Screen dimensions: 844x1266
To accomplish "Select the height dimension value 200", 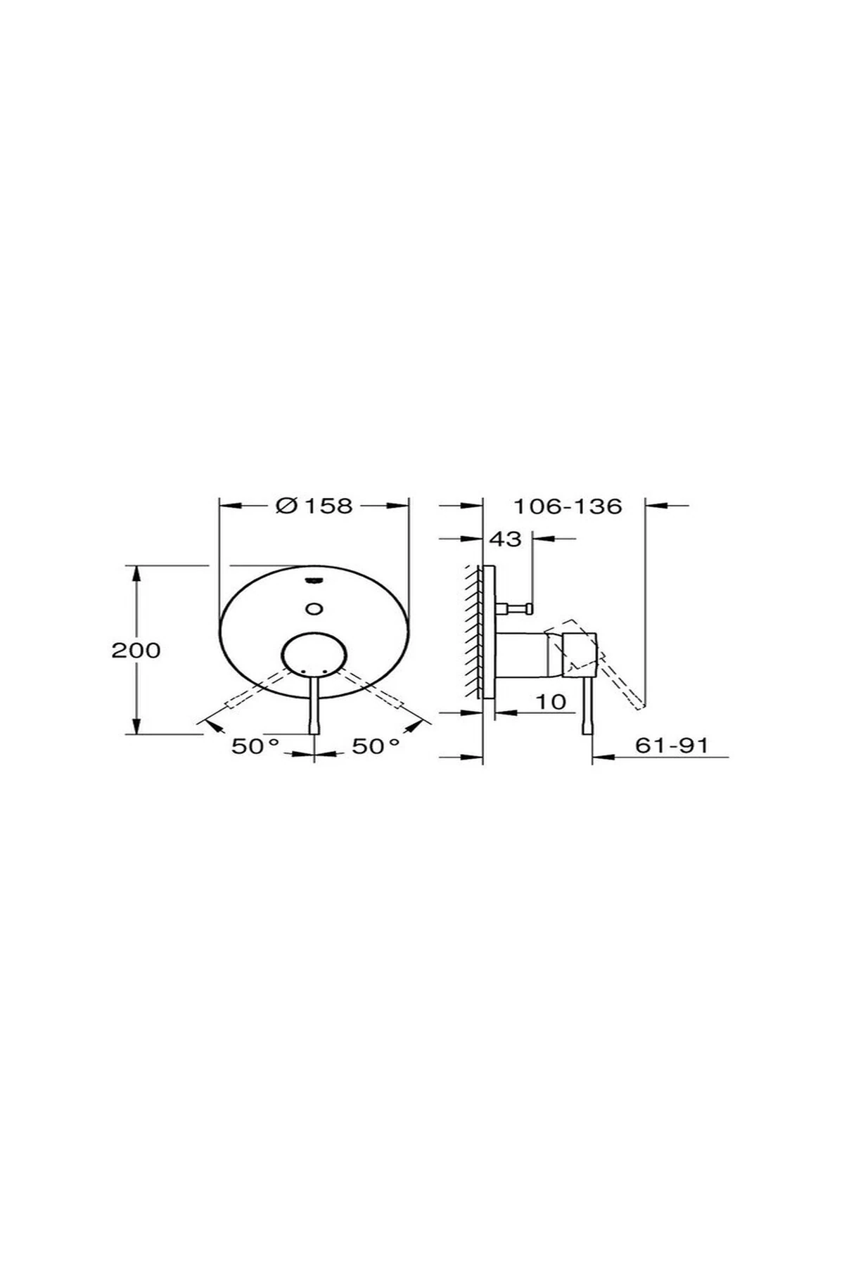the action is tap(136, 650).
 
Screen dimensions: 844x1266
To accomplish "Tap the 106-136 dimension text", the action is tap(567, 506).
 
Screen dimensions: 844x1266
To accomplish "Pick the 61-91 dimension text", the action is tap(671, 745).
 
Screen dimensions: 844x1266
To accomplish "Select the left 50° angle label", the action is tap(255, 746).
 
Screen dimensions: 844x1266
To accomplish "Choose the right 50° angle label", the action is tap(376, 746).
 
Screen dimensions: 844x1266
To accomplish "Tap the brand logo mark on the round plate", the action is tap(314, 580).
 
